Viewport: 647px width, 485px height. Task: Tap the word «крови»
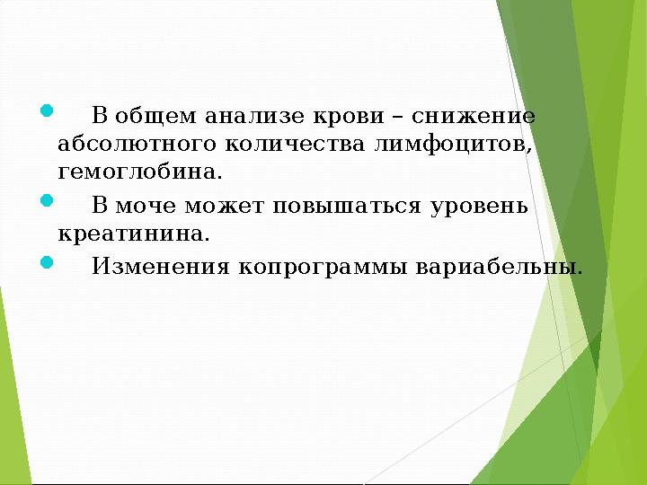tap(346, 117)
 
